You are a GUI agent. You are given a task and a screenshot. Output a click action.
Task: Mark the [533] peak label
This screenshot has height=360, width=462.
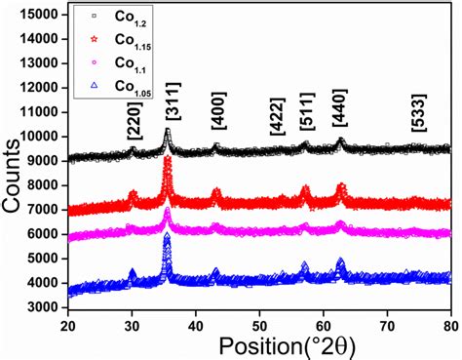click(417, 124)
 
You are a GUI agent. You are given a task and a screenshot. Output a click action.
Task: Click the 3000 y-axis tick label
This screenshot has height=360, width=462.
click(42, 307)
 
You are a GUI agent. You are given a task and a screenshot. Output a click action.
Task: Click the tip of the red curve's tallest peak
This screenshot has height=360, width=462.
click(168, 160)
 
